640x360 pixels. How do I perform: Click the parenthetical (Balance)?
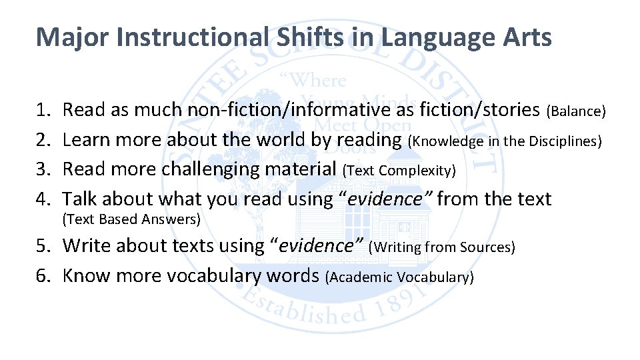coord(576,111)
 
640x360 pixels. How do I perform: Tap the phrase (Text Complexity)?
coord(399,171)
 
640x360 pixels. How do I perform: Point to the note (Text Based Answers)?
coord(131,219)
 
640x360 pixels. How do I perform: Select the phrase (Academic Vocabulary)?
coord(399,277)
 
